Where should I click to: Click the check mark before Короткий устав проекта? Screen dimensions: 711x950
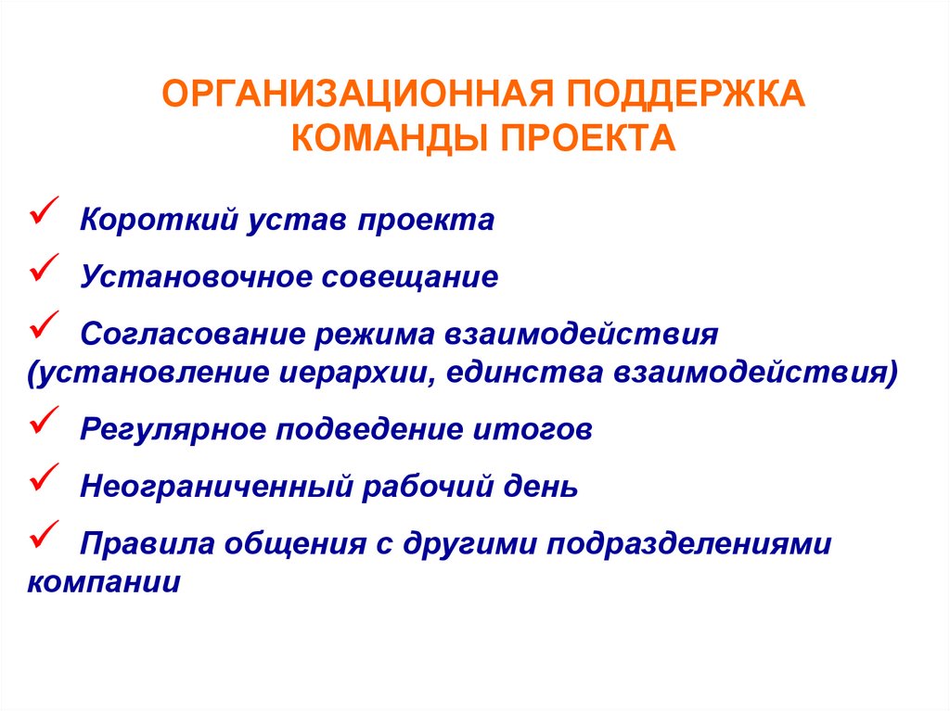45,212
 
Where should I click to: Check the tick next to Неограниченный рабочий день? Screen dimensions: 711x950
45,476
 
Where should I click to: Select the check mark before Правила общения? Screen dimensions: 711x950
45,532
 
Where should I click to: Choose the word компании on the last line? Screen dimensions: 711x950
104,584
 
